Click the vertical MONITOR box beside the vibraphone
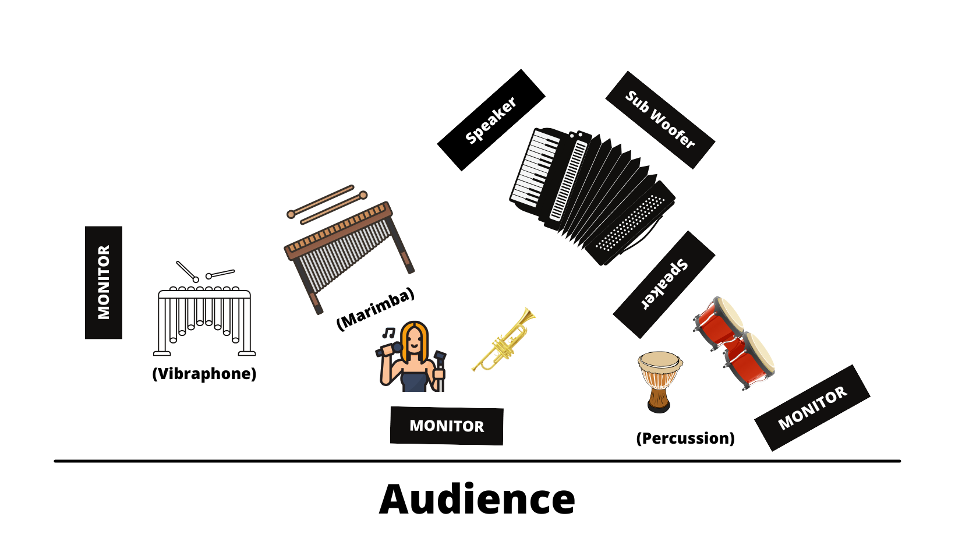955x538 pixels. point(104,282)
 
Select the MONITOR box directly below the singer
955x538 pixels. point(447,426)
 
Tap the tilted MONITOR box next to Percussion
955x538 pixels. point(812,408)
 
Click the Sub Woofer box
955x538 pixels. point(660,120)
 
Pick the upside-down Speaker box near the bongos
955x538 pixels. point(664,284)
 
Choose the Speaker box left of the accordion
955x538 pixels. point(491,120)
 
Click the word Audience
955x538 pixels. point(477,499)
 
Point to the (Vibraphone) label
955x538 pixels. point(204,374)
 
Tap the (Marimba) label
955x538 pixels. point(376,309)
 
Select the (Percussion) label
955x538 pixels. point(685,438)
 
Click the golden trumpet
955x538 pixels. point(504,340)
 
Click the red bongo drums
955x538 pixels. point(734,343)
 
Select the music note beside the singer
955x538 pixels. point(388,332)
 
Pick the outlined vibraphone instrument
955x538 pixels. point(204,309)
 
